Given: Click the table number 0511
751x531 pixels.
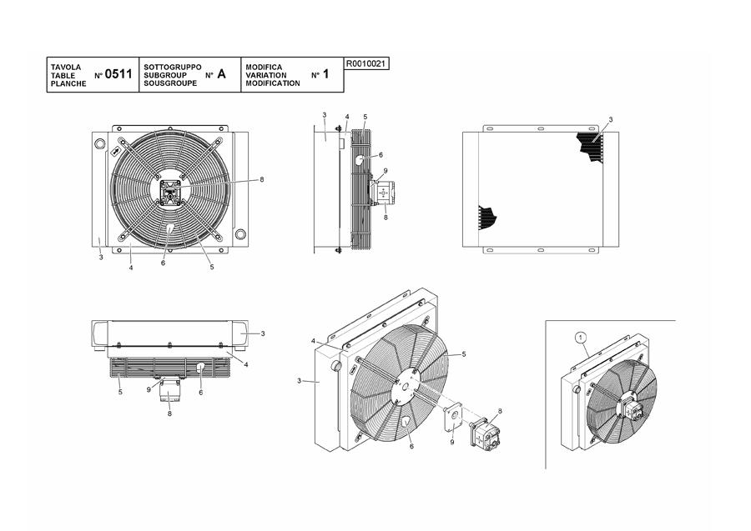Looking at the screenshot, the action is point(118,74).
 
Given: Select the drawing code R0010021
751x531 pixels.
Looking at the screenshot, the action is point(366,63).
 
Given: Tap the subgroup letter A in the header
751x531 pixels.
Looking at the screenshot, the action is point(221,74).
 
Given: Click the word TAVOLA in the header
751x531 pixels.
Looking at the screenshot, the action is point(66,67).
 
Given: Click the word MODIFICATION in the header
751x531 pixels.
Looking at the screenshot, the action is point(273,83).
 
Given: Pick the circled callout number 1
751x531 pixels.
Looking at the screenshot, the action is point(581,338).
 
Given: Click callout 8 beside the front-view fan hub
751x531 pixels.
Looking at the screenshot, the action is point(261,180).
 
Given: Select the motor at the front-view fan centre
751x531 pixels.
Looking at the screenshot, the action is point(169,192).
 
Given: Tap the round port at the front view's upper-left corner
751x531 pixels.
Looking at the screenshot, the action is point(100,143).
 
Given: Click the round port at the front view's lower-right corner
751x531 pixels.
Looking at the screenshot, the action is point(240,234).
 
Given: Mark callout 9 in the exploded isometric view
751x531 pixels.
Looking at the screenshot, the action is point(451,442).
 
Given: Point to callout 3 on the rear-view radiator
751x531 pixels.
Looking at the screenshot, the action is point(611,119).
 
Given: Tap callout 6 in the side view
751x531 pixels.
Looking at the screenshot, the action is point(381,155).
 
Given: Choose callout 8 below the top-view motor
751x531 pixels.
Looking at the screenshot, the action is point(169,413).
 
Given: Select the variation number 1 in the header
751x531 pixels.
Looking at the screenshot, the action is point(325,74).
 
